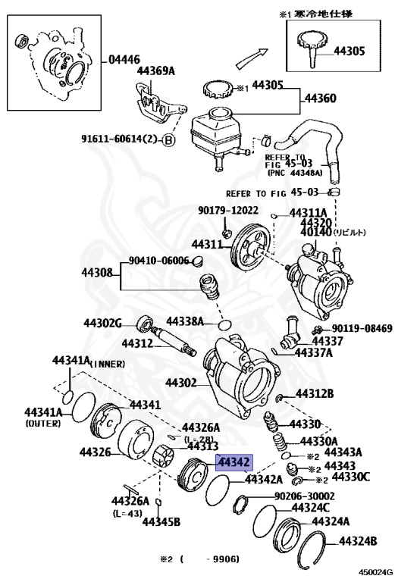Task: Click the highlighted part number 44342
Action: (233, 462)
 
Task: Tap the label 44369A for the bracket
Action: (155, 71)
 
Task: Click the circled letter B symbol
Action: (168, 139)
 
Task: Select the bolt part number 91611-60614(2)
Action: (119, 139)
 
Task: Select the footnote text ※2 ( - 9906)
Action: (199, 559)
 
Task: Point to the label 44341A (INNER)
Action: (87, 361)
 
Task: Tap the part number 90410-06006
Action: (158, 261)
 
